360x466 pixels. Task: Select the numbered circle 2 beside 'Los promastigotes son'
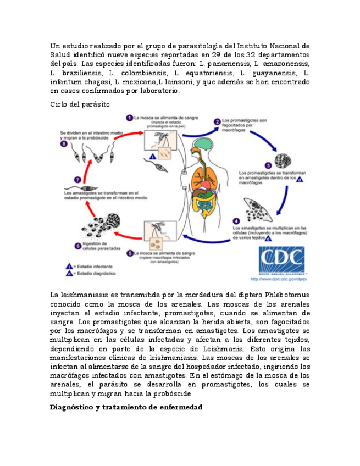218,121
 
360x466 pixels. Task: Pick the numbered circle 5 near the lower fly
129,253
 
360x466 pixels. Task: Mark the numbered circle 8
64,145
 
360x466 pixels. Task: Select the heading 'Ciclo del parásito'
80,104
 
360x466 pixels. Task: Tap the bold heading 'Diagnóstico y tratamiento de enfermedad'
126,407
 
